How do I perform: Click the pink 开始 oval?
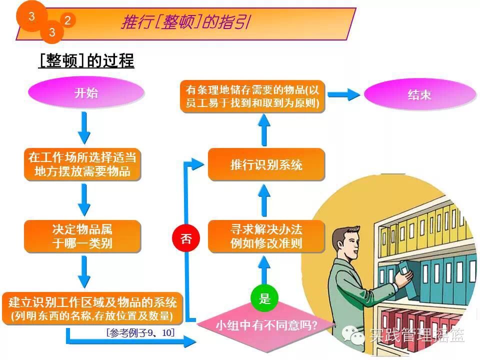(86, 93)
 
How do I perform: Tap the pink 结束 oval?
(419, 94)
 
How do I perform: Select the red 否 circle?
(186, 238)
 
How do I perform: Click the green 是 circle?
(264, 299)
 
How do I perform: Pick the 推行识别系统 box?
(266, 164)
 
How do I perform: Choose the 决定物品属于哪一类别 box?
(82, 236)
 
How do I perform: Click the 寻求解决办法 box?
(266, 236)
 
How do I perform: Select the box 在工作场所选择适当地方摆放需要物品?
(82, 164)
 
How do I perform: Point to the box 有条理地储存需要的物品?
(252, 96)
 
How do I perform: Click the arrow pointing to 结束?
(345, 94)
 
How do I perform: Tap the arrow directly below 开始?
(84, 127)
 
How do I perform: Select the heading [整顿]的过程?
(86, 60)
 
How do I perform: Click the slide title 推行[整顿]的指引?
(185, 22)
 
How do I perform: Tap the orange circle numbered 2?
(67, 20)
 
